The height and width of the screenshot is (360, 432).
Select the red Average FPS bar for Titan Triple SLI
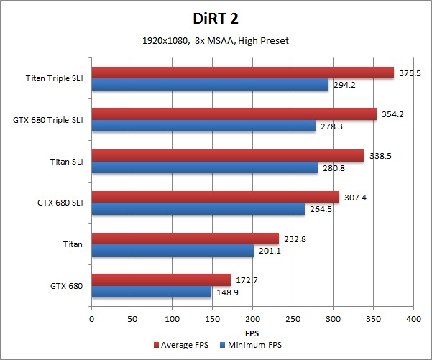pos(242,73)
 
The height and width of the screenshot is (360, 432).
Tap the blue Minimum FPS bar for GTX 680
pos(151,292)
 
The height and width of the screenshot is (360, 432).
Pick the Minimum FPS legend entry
pos(250,346)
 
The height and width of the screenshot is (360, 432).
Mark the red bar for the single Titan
pos(185,239)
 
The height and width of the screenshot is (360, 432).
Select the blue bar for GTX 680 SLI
pos(198,209)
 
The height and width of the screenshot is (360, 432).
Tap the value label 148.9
pos(226,292)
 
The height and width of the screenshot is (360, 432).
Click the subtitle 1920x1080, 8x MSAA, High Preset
pos(216,40)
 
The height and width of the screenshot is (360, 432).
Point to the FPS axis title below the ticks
pos(252,333)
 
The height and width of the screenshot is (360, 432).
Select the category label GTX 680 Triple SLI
pos(47,120)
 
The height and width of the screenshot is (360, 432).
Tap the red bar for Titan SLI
pos(227,156)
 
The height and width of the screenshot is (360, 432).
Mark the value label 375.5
pos(410,73)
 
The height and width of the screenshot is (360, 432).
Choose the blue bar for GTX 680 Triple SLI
pos(203,126)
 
